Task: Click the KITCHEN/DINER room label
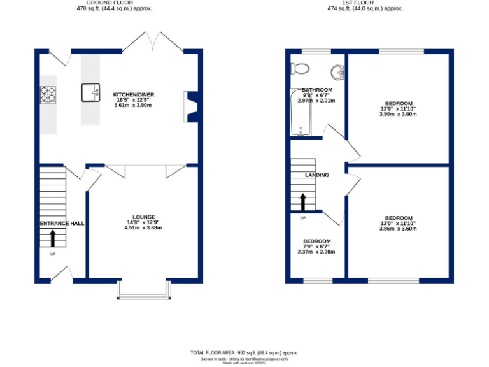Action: click(134, 94)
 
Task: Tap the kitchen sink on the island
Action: click(91, 93)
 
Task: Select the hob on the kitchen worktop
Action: click(48, 94)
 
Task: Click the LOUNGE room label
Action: click(144, 217)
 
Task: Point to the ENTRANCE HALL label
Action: click(62, 224)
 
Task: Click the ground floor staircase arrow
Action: click(53, 238)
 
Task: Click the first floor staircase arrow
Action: click(302, 202)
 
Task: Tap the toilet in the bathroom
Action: click(299, 68)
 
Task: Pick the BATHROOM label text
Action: click(317, 90)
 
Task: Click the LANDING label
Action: click(317, 175)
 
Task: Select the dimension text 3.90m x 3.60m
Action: click(398, 114)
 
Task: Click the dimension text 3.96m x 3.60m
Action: click(398, 229)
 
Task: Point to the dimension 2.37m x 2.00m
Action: click(316, 252)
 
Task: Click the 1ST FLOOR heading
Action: click(356, 3)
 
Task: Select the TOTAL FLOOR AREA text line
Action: click(244, 352)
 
